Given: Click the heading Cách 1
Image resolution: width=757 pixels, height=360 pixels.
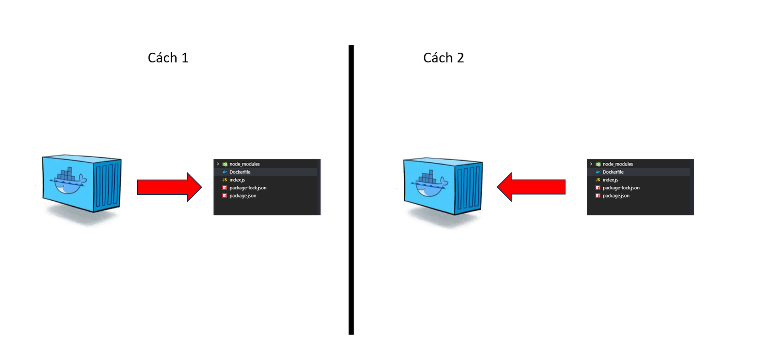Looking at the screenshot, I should point(168,58).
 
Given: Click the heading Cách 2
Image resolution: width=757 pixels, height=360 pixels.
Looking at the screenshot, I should point(443,58).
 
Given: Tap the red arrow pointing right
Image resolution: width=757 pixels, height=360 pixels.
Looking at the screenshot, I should point(169,187).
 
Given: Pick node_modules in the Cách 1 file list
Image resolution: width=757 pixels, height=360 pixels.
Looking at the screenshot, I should point(244,164).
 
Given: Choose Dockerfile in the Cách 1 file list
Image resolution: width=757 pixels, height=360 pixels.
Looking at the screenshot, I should point(239,172).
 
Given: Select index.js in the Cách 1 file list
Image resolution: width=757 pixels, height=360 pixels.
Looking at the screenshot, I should point(237,180).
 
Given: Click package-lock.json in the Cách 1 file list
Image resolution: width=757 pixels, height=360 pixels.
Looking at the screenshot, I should point(248,188).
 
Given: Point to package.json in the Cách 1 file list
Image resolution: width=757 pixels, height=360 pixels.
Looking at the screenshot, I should point(243,196).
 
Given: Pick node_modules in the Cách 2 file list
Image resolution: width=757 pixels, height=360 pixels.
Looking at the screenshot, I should point(618,164).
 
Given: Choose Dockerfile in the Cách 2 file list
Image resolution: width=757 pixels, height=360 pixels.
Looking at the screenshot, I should point(613,172).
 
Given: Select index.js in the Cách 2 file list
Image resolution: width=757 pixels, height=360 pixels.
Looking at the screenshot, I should point(610,180).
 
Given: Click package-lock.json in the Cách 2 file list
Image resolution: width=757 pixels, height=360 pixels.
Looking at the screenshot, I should point(621,188).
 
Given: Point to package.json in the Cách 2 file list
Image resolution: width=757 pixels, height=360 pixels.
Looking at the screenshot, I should point(616,196).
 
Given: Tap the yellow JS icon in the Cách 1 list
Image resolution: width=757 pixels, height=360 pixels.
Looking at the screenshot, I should point(224,180).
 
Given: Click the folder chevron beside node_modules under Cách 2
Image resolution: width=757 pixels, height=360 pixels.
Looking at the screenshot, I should point(591,164).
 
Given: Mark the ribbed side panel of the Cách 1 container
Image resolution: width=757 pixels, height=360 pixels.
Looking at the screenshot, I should point(107,185).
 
